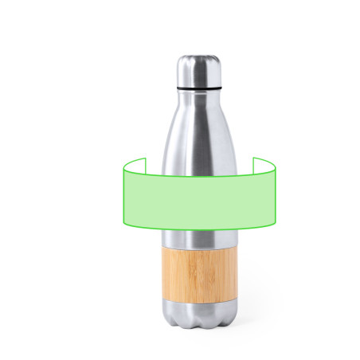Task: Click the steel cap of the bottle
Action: coord(198,68)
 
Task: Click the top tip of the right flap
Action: coord(254,158)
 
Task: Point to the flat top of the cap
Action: coord(198,57)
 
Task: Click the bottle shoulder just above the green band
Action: coord(198,151)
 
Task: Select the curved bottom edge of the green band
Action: coord(198,229)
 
